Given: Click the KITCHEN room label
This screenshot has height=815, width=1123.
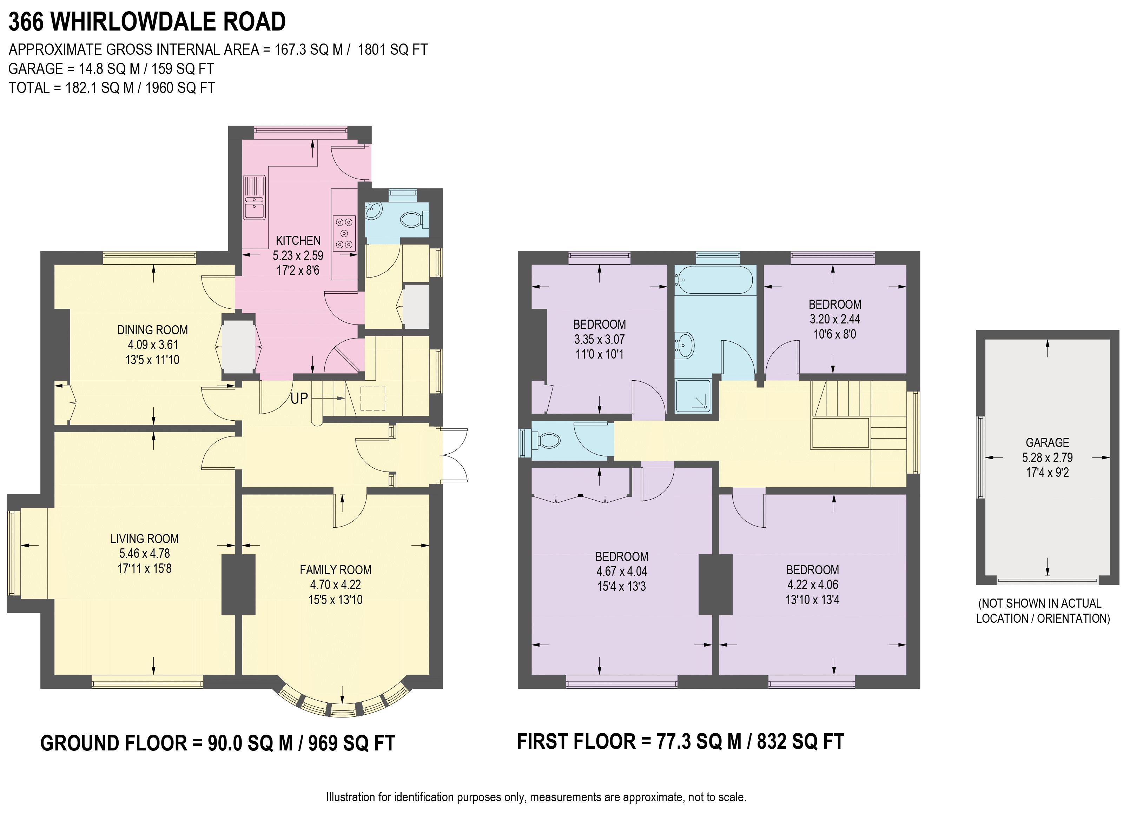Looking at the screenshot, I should point(298,240).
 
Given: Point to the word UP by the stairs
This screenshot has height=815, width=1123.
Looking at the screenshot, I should point(299,398).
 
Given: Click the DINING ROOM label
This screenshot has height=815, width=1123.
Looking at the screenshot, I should point(152,330).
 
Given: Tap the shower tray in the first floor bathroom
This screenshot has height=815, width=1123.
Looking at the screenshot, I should point(693,395).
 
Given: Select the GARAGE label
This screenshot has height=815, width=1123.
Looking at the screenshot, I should point(1047,442).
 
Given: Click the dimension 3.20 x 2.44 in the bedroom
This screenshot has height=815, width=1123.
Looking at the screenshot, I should point(835,319).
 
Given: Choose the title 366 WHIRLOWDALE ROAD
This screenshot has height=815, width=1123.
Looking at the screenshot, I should point(147,22).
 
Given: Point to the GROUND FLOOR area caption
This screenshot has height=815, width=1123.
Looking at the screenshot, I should point(217,743).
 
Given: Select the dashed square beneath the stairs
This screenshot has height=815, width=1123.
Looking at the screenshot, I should point(372,398).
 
